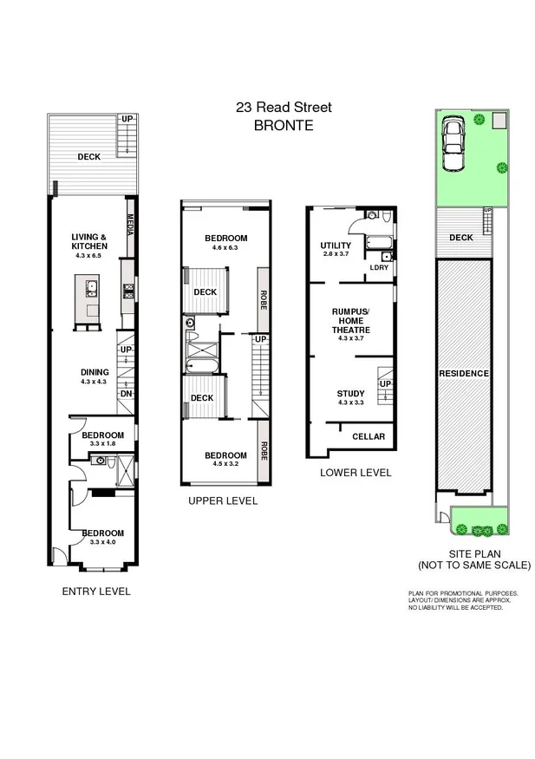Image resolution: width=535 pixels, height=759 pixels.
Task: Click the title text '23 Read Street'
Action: point(284,108)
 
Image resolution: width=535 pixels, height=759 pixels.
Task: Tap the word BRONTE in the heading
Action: point(283,125)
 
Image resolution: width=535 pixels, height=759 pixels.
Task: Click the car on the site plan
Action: point(454,144)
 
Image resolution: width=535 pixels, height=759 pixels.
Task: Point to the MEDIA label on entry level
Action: point(130,227)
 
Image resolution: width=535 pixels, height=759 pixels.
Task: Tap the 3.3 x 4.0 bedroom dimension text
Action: point(103,542)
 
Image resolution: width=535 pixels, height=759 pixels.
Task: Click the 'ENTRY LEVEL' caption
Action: point(96,592)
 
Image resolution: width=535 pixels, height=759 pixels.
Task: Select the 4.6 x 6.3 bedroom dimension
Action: point(225,248)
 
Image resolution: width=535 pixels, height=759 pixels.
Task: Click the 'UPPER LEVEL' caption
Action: point(223,501)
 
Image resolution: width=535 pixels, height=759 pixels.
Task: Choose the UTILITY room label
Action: point(336,245)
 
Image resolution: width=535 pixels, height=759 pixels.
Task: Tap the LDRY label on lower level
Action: point(379,267)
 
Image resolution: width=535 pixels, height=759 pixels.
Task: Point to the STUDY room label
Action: point(351,393)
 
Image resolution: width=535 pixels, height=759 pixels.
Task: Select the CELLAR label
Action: point(369,436)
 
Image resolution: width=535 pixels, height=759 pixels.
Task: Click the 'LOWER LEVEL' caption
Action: point(356,473)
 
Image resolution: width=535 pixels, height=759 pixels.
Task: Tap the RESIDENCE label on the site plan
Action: point(464,373)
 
